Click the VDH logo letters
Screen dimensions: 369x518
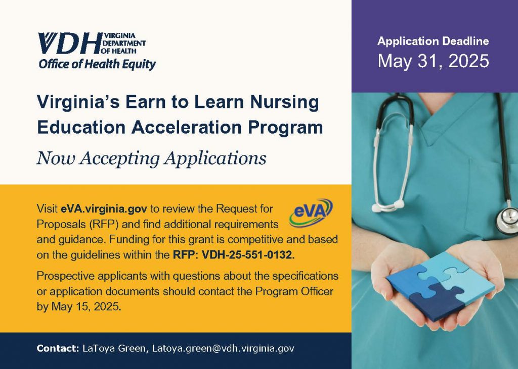(x=68, y=44)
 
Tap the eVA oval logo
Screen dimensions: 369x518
(x=311, y=213)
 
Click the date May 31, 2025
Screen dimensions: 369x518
(x=434, y=61)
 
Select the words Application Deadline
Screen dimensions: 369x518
(x=434, y=41)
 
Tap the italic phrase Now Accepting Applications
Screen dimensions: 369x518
(x=151, y=159)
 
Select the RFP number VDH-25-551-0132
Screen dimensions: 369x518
(x=247, y=255)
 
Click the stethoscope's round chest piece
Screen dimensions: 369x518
(x=506, y=218)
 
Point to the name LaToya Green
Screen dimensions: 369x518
(x=112, y=348)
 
